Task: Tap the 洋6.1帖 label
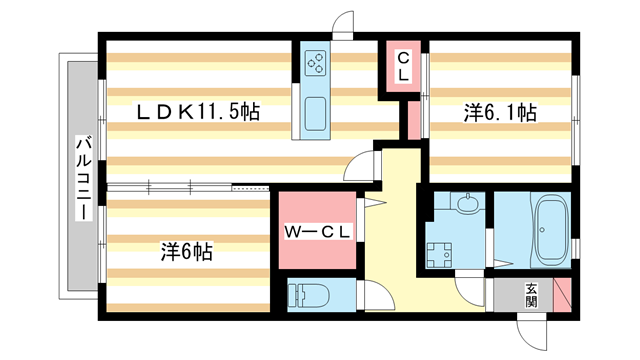point(499,113)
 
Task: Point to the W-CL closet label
point(316,232)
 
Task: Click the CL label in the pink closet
point(402,66)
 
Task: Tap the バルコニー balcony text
point(83,176)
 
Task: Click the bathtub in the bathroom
point(551,228)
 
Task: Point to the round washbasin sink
point(466,206)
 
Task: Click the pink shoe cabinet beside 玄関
point(563,295)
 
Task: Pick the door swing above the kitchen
point(344,24)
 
